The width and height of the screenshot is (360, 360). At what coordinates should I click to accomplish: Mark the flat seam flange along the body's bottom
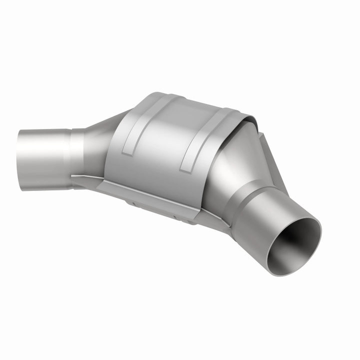[165, 197]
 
